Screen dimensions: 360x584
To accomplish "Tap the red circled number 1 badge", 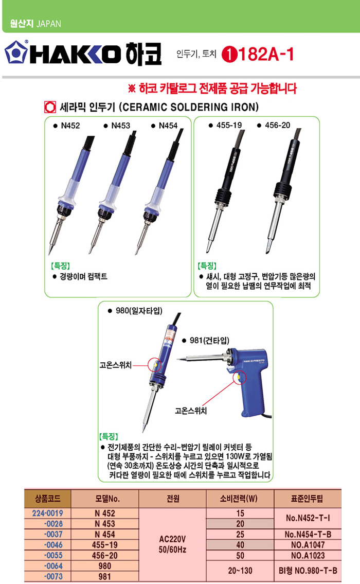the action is [229, 55].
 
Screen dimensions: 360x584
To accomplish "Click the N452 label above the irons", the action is [70, 126].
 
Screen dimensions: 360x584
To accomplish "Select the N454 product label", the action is [168, 126].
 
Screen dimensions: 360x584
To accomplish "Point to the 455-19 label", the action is [229, 125].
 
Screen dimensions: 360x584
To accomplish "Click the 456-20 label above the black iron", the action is [277, 125].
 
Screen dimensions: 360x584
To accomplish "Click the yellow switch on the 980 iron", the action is [155, 365].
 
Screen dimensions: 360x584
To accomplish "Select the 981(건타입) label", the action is [209, 341].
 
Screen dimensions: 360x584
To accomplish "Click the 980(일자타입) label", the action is [139, 311].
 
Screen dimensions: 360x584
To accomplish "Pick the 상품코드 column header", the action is [48, 499].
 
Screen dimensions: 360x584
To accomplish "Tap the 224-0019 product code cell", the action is [48, 513].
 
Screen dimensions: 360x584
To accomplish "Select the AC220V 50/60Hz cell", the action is [172, 544].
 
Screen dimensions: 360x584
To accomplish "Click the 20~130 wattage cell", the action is [240, 571].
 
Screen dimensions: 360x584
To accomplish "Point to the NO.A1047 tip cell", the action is [308, 545].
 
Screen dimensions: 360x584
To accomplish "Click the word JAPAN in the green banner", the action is [49, 24].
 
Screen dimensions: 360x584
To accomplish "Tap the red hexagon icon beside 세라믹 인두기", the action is [50, 107].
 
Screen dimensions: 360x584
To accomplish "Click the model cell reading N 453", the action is [104, 524].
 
